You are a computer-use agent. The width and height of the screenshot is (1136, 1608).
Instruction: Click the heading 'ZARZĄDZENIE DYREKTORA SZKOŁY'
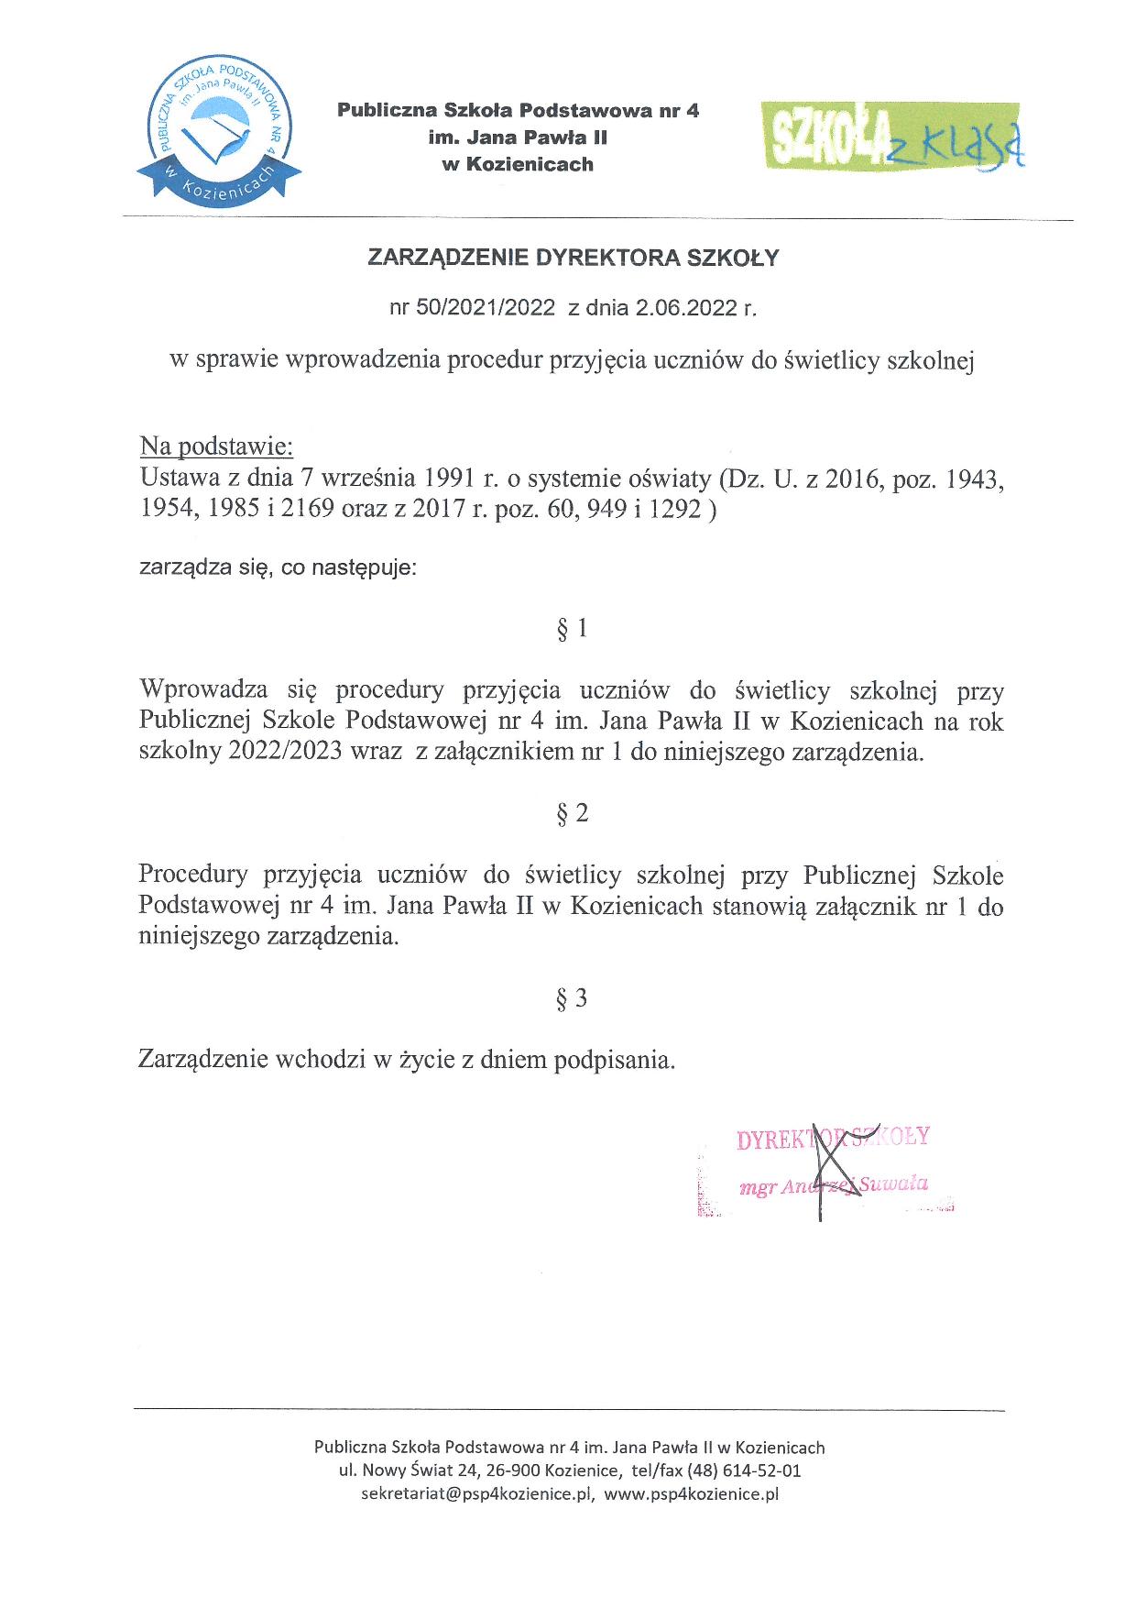(573, 259)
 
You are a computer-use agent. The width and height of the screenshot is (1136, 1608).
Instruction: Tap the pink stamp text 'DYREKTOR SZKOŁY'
(833, 1138)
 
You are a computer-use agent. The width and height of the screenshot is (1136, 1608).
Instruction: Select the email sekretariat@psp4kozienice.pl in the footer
(478, 1493)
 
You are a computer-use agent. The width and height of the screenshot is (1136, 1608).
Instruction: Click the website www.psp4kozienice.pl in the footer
(692, 1493)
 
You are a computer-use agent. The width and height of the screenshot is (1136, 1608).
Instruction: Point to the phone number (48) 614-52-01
(745, 1470)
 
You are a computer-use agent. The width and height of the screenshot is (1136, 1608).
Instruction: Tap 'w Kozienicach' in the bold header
(518, 165)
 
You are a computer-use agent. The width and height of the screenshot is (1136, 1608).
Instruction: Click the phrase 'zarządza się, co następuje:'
(278, 568)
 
